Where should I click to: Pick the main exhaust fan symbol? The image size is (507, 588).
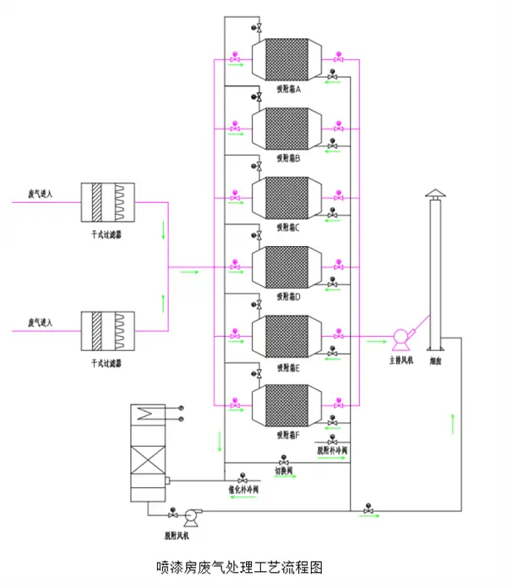401,339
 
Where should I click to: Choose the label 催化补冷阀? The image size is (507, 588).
243,488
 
